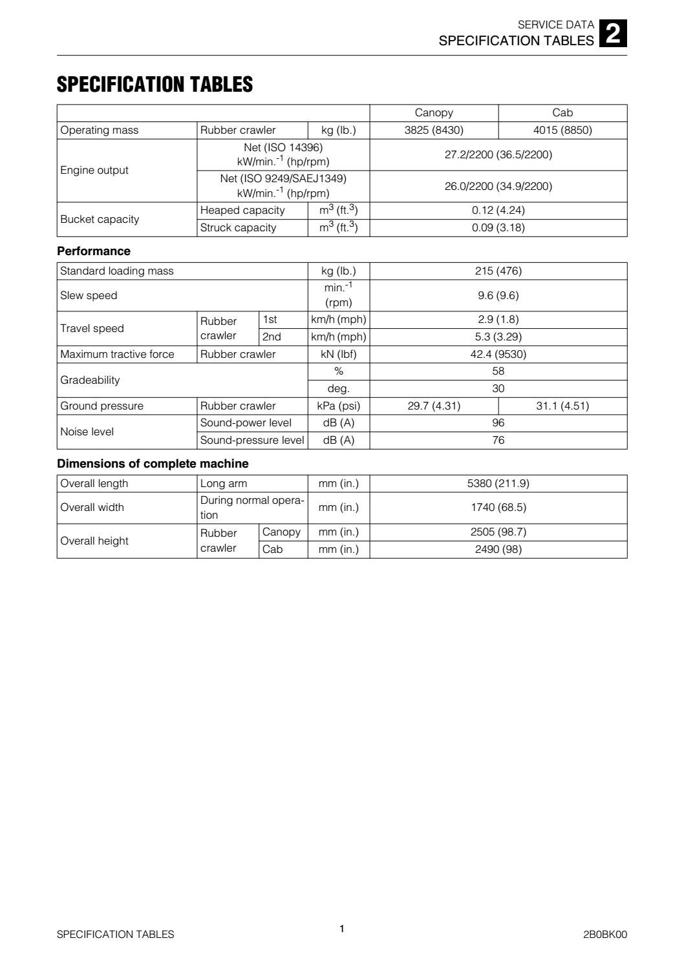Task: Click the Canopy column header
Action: [x=434, y=112]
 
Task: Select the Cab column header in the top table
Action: [x=562, y=112]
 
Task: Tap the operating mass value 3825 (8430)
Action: [x=434, y=130]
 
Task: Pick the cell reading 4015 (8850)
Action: [x=562, y=130]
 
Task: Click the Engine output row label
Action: [x=94, y=170]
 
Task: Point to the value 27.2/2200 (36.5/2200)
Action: [x=498, y=154]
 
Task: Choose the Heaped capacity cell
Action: [x=242, y=210]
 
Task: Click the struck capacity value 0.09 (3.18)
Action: [x=498, y=227]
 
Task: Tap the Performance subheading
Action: [x=94, y=251]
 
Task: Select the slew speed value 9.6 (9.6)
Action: [x=498, y=295]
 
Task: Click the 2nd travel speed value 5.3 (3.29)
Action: [x=498, y=337]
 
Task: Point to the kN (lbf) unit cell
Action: [x=338, y=354]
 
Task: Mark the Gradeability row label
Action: [x=90, y=380]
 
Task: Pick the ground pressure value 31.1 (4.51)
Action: [x=562, y=406]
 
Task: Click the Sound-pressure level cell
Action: [x=251, y=440]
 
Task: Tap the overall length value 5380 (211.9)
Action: [x=498, y=483]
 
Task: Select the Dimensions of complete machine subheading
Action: [x=153, y=463]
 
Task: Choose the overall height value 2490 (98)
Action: [x=498, y=549]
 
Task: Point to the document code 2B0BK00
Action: [x=604, y=934]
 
